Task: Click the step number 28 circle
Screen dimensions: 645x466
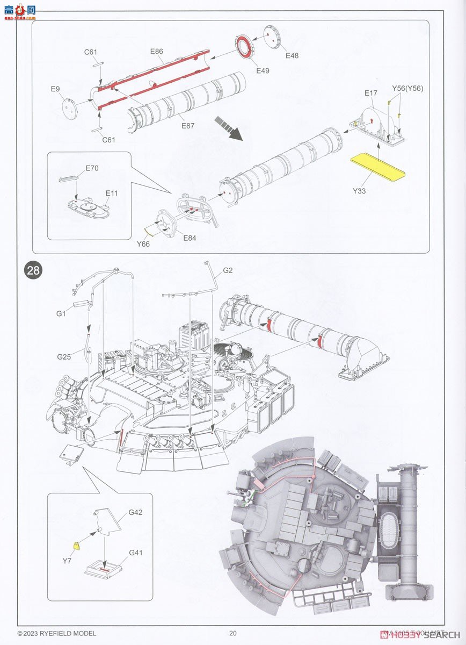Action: coord(33,270)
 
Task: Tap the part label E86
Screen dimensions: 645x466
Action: coord(156,52)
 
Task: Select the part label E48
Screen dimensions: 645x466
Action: coord(292,56)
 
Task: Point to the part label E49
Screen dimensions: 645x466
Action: coord(263,70)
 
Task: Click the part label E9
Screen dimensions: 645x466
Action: coord(55,89)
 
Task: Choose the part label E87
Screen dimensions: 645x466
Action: coord(187,126)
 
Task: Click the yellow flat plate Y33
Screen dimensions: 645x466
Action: coord(377,168)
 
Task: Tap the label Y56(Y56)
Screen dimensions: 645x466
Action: coord(407,88)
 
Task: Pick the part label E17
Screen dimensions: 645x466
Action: coord(370,93)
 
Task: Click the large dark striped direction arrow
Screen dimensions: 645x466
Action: coord(228,128)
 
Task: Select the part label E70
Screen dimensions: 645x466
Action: coord(92,168)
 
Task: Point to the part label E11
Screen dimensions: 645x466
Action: coord(112,192)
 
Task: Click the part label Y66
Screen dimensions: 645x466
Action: coord(143,244)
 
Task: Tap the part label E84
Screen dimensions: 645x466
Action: coord(190,238)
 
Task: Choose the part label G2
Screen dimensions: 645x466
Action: coord(228,270)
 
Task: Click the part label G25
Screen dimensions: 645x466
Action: coord(64,356)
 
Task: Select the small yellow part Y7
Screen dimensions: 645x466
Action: coord(78,546)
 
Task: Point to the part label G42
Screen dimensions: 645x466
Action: coord(135,513)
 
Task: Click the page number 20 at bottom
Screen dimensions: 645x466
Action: coord(232,633)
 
